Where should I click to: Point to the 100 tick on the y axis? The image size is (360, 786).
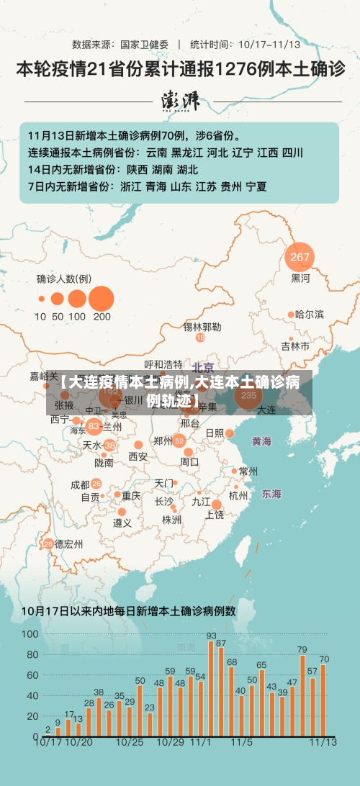(30, 634)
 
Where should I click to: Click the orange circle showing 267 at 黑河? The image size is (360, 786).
(300, 257)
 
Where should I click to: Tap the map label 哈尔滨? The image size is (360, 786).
(310, 315)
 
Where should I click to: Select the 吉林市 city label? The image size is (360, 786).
(296, 346)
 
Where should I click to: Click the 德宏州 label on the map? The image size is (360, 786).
(70, 543)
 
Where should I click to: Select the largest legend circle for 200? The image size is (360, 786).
(102, 298)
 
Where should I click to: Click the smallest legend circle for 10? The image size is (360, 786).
(40, 298)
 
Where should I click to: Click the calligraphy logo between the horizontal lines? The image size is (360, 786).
(181, 101)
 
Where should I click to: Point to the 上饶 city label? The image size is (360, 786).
(215, 515)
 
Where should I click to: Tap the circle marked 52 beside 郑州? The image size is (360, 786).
(179, 421)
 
